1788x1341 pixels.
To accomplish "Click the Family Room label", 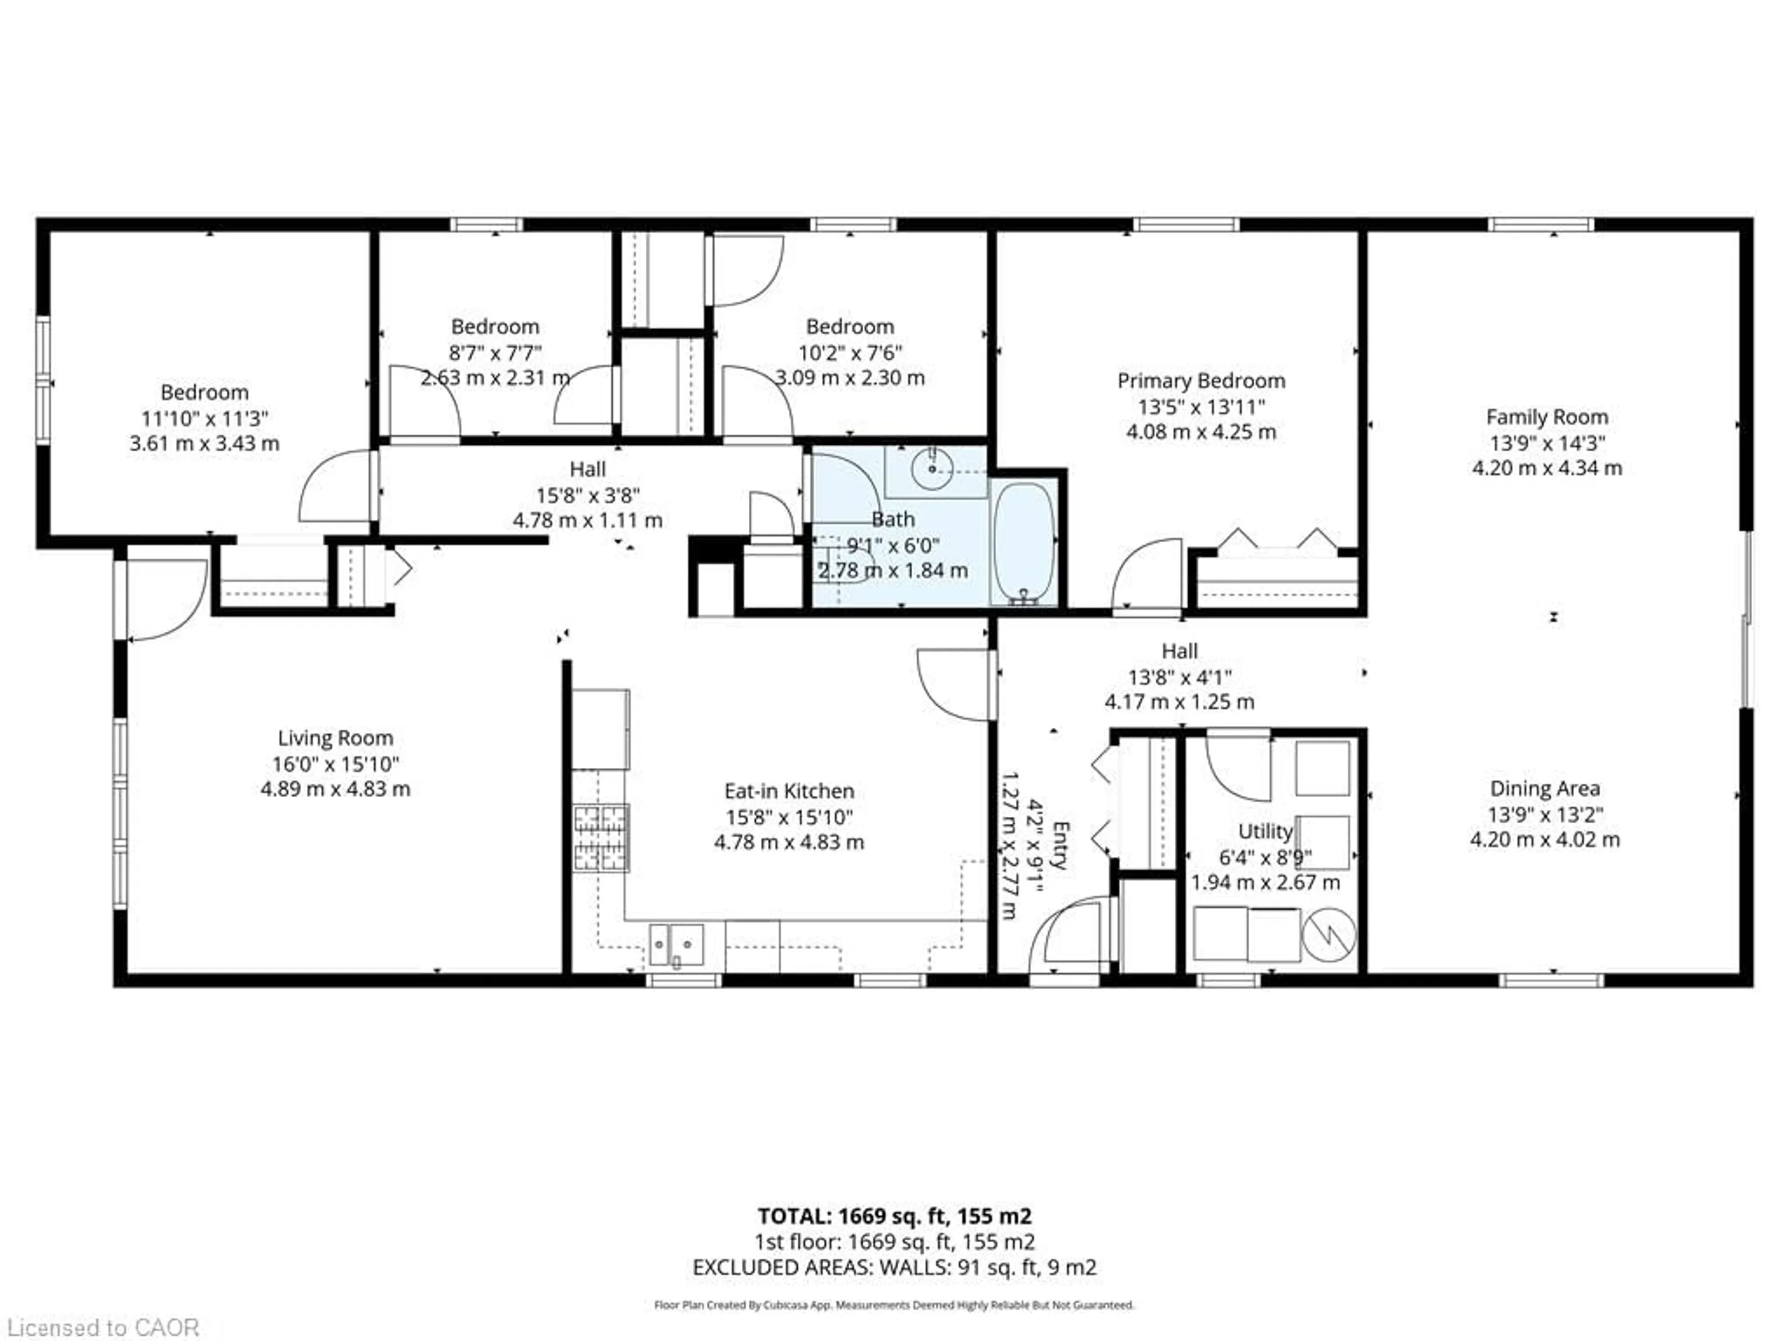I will click(1546, 417).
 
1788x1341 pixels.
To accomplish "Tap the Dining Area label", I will click(1544, 788).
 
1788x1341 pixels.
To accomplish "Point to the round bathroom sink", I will click(932, 468).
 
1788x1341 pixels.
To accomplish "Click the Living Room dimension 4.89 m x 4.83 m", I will click(335, 789).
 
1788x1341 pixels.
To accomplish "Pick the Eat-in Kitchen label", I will click(789, 792).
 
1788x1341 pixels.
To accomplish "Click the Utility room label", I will click(1265, 831).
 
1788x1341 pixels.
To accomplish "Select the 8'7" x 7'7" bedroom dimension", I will click(494, 352).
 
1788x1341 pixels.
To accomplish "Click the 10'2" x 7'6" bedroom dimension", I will click(850, 352).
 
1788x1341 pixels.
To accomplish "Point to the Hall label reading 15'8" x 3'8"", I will click(588, 494).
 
